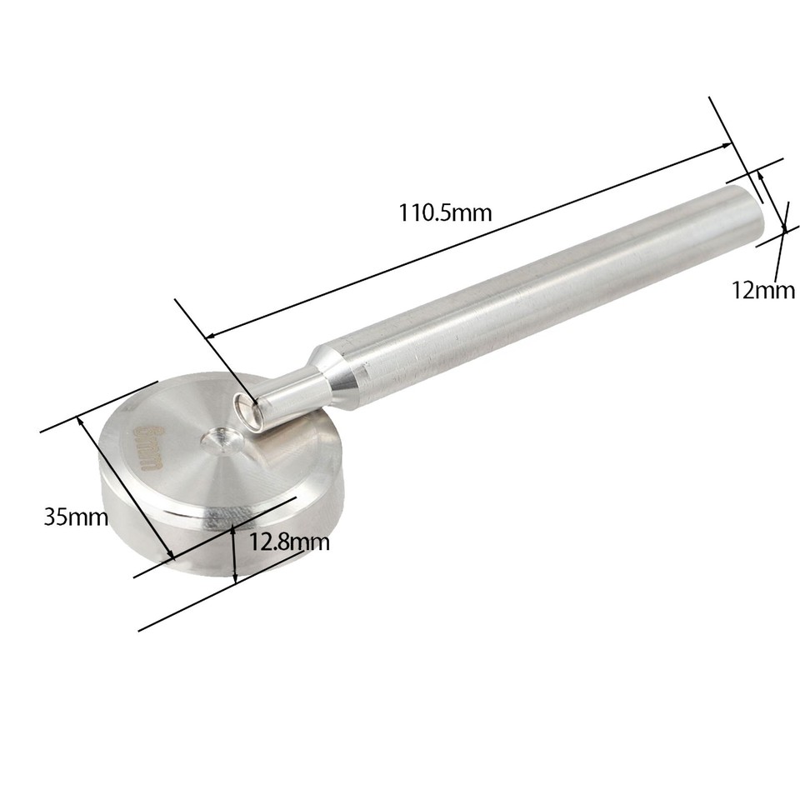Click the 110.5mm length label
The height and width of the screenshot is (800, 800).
(444, 212)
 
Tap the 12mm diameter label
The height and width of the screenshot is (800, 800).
(762, 290)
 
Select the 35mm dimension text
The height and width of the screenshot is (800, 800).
(76, 517)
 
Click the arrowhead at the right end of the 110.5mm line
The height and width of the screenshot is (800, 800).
(728, 147)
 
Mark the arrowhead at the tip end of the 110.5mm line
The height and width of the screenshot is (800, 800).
(210, 337)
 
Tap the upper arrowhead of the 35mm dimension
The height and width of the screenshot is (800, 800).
(82, 421)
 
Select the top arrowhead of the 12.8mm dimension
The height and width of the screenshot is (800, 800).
(234, 528)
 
